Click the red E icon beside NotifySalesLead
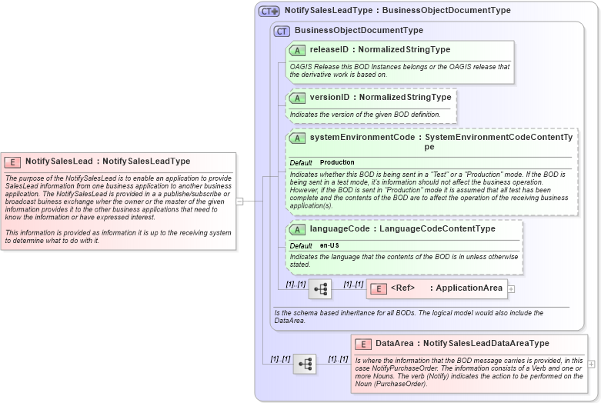pos(12,162)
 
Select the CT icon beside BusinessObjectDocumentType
pos(282,31)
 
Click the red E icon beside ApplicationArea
pos(379,288)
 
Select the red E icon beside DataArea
pos(363,344)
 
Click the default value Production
pos(337,163)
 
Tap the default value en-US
pos(330,245)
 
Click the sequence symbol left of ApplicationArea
pos(319,289)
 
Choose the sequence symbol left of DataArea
pos(305,364)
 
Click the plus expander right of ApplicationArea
pos(511,289)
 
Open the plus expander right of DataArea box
pos(591,364)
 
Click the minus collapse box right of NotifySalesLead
pos(239,201)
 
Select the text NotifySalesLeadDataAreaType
pos(486,344)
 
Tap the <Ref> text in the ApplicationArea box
pos(403,288)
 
